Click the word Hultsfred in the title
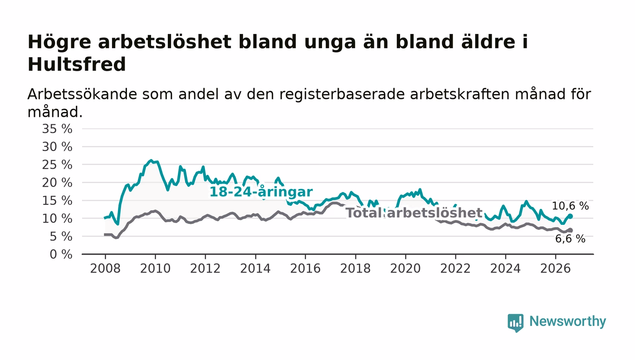pos(77,64)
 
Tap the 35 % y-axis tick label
pos(57,129)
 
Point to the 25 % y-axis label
pos(57,165)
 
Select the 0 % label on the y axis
pos(61,254)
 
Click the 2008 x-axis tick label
pos(105,268)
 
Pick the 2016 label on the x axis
pos(305,268)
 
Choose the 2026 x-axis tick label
pos(555,268)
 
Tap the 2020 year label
pos(405,268)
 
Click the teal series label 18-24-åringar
pos(261,192)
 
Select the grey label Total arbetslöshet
pos(414,213)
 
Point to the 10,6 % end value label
pos(571,206)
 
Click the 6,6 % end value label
pos(570,238)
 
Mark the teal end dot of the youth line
pos(571,216)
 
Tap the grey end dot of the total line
pos(571,230)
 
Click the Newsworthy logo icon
pos(516,322)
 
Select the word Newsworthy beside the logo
pos(567,321)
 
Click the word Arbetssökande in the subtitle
pos(82,94)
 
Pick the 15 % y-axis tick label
pos(57,201)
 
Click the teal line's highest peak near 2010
pos(151,161)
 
